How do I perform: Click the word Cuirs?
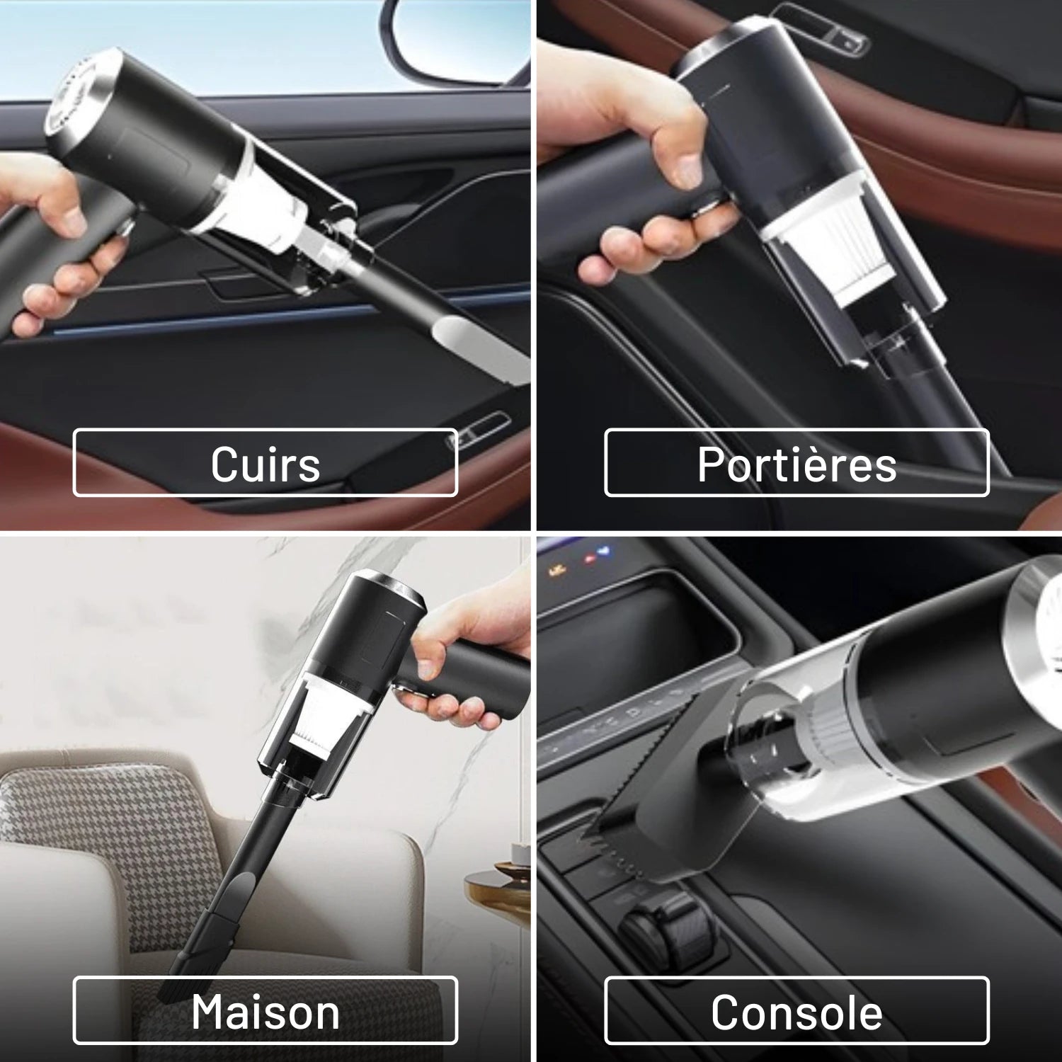click(x=265, y=464)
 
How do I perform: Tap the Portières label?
click(x=796, y=464)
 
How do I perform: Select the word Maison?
click(x=265, y=1012)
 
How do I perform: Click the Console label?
click(x=796, y=1012)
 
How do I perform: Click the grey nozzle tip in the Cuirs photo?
click(x=481, y=347)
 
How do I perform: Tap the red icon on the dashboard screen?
click(x=590, y=559)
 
